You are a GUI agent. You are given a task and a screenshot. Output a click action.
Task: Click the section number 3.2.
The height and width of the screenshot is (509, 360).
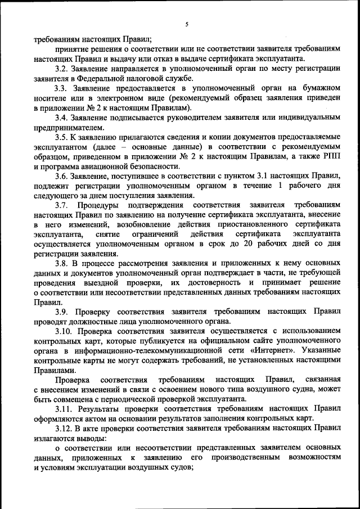pos(61,68)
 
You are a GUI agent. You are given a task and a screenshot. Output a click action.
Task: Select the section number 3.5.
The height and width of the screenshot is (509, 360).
pos(61,137)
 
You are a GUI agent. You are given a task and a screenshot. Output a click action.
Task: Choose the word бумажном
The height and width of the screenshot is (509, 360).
pos(319,88)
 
